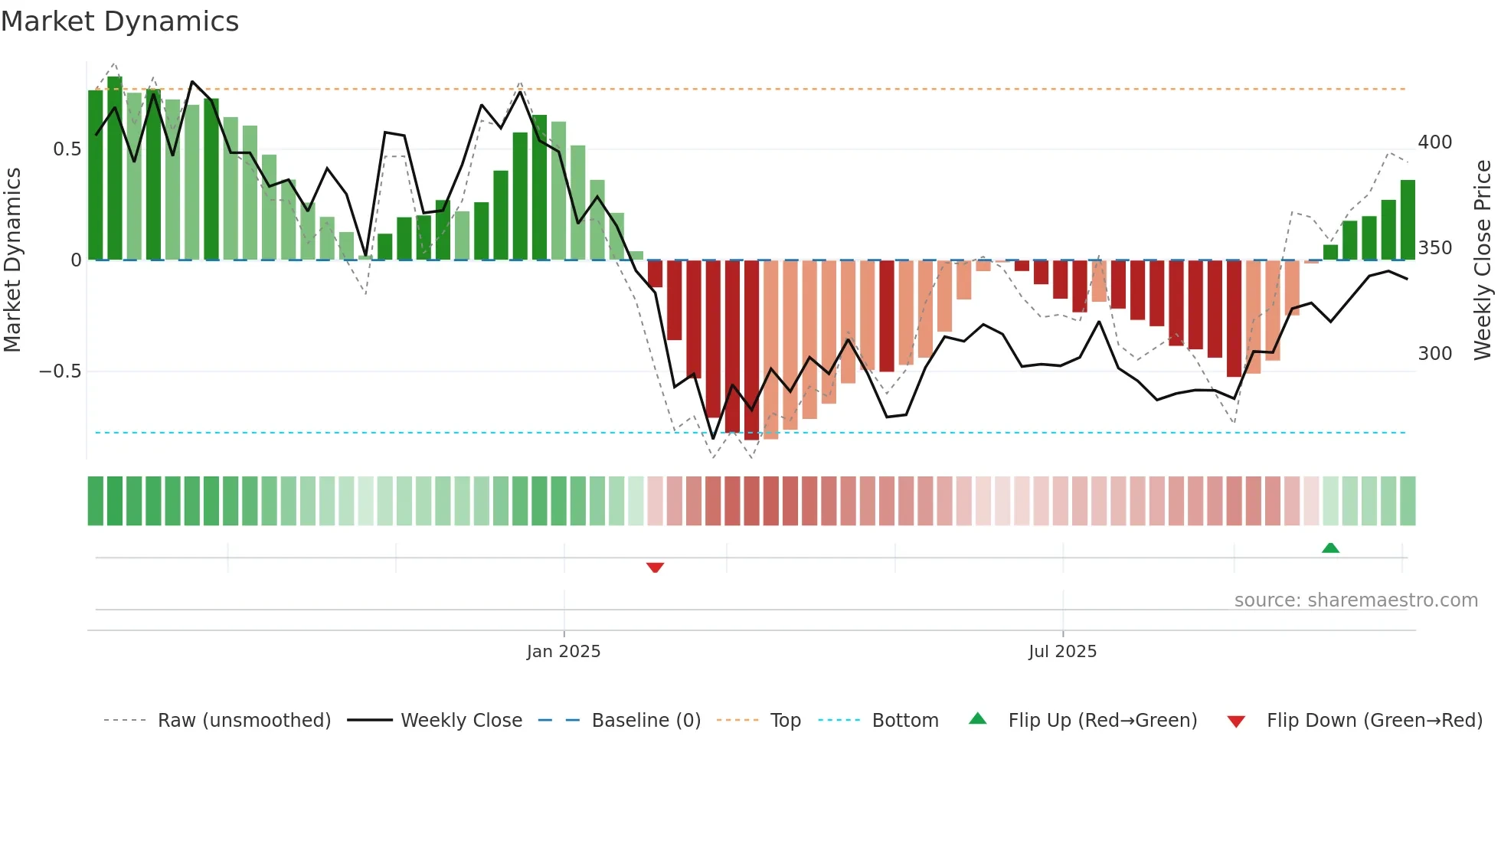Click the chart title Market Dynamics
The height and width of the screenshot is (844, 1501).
click(120, 21)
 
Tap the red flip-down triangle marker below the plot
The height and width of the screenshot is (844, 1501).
click(655, 568)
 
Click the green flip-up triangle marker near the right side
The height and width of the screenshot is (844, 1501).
click(1330, 548)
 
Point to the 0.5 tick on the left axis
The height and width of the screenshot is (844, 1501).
click(67, 149)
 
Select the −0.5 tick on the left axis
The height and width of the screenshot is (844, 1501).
click(60, 371)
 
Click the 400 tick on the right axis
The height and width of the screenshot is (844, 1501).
click(1434, 142)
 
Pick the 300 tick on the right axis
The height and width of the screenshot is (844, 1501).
click(1434, 354)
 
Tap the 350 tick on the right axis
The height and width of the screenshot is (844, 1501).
click(1434, 248)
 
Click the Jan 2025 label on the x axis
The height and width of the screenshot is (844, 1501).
click(564, 652)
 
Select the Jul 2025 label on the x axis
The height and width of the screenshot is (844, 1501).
click(1062, 652)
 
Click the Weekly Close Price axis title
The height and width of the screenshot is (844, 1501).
click(1483, 260)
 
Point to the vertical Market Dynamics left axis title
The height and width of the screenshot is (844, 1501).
click(12, 260)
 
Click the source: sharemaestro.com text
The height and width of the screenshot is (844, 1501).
click(1355, 600)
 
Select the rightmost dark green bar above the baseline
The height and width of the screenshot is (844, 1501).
click(1408, 221)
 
